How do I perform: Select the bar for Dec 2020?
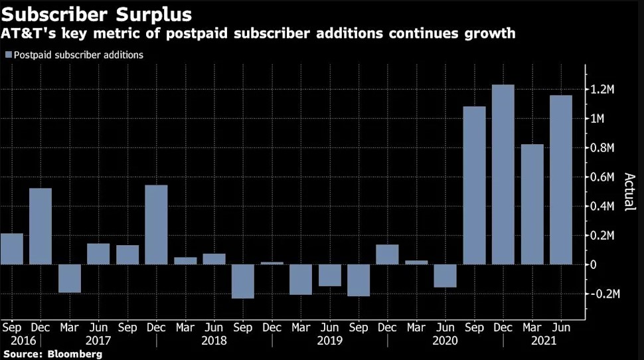pyautogui.click(x=503, y=174)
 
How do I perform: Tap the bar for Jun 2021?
pyautogui.click(x=561, y=179)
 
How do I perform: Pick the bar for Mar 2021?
pyautogui.click(x=532, y=204)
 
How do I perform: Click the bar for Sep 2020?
pyautogui.click(x=474, y=185)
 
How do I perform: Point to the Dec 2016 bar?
pyautogui.click(x=40, y=226)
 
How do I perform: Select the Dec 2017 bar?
pyautogui.click(x=157, y=225)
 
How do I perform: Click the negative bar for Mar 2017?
pyautogui.click(x=70, y=278)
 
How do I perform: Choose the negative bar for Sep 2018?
pyautogui.click(x=243, y=281)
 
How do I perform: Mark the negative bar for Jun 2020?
pyautogui.click(x=445, y=276)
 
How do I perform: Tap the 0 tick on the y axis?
pyautogui.click(x=594, y=264)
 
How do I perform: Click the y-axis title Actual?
pyautogui.click(x=628, y=192)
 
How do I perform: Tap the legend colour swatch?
pyautogui.click(x=8, y=55)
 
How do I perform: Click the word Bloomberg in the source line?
pyautogui.click(x=75, y=354)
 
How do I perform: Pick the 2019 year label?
pyautogui.click(x=330, y=340)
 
